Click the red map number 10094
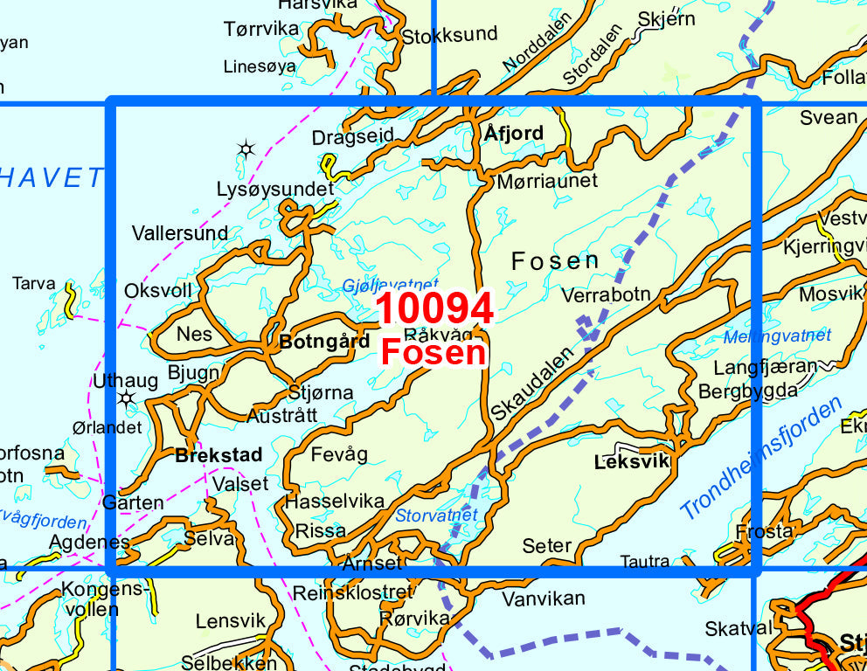[x=434, y=309]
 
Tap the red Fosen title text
[x=433, y=352]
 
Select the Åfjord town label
[x=514, y=133]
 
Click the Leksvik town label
[x=631, y=461]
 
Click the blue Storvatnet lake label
[x=437, y=515]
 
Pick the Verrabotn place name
[x=607, y=294]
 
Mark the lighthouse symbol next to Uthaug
[x=127, y=399]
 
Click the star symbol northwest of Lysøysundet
[x=246, y=149]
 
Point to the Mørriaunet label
[x=547, y=181]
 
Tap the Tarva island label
[x=34, y=284]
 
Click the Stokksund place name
[x=449, y=35]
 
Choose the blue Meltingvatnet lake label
[x=777, y=335]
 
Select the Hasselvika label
[x=335, y=502]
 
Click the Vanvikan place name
[x=544, y=599]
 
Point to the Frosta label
[x=765, y=531]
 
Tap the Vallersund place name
[x=180, y=233]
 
